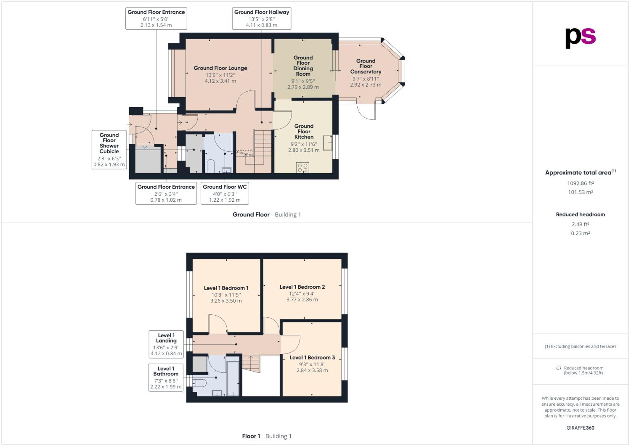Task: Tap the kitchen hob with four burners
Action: pos(303,168)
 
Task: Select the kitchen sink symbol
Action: pos(327,143)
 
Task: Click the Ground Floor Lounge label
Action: pos(220,68)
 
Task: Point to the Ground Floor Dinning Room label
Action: pos(303,66)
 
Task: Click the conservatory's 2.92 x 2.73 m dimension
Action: pos(366,85)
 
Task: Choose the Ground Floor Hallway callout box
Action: pos(262,18)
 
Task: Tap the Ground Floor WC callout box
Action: pos(225,193)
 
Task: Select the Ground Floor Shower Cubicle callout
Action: pos(109,150)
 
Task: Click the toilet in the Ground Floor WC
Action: pos(211,166)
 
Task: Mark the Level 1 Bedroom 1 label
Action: pos(226,288)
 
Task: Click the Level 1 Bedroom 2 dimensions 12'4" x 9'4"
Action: pos(302,294)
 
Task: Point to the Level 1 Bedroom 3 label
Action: pos(312,358)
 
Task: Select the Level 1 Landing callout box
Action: pos(166,344)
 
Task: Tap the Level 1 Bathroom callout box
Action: pos(166,378)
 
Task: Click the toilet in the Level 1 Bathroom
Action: pos(200,383)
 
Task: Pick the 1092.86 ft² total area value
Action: pos(581,183)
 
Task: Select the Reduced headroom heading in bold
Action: pos(581,214)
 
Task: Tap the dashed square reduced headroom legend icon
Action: pos(558,368)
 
